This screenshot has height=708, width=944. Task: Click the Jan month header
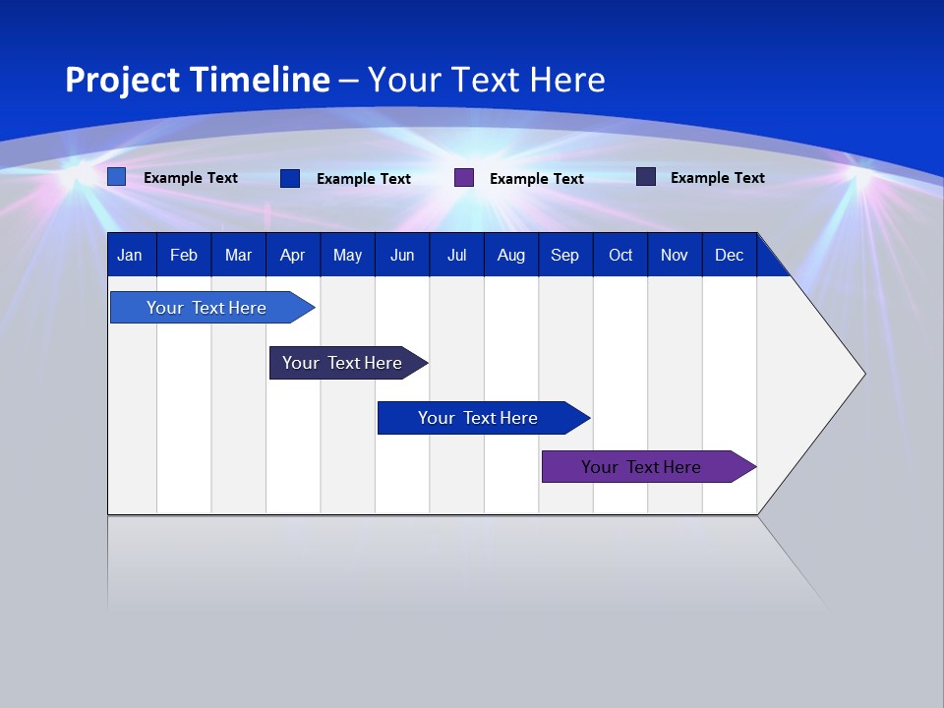[x=130, y=256]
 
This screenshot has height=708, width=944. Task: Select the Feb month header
[x=184, y=256]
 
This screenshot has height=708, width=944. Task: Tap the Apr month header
[x=292, y=256]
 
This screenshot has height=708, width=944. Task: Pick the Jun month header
[x=402, y=256]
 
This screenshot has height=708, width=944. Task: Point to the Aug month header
[x=510, y=256]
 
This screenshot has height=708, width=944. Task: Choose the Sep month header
[x=564, y=256]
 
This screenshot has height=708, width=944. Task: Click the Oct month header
[x=620, y=256]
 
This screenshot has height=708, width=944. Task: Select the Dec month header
[x=729, y=256]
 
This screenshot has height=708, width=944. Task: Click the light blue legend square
[x=117, y=177]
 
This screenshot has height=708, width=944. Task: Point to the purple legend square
[x=464, y=178]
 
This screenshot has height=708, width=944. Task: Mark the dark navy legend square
[x=646, y=177]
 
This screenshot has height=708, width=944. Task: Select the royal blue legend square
[x=290, y=178]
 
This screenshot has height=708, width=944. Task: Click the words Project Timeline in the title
[x=197, y=80]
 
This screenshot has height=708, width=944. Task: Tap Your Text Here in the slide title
[x=486, y=80]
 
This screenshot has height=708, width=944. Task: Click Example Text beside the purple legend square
[x=536, y=179]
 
